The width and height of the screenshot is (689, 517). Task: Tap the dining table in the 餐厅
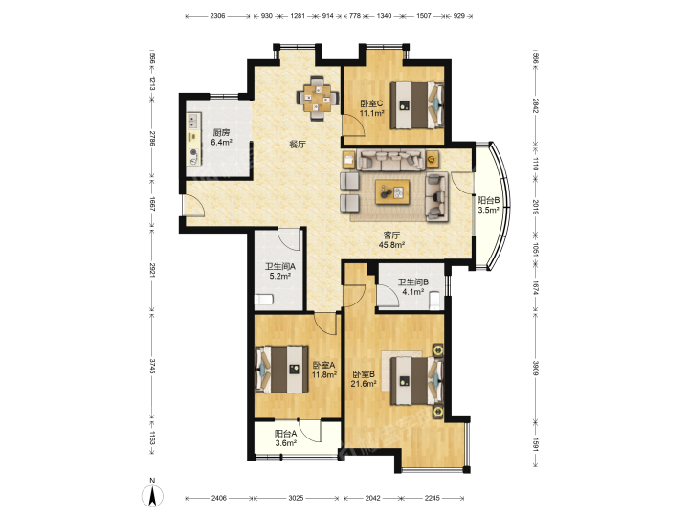[x=318, y=98]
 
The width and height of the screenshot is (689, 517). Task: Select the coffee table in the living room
[x=392, y=191]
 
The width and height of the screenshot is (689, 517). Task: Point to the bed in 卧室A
[x=281, y=370]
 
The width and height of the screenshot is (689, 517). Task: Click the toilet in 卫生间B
[x=435, y=300]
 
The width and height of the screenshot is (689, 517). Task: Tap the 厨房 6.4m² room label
[x=221, y=137]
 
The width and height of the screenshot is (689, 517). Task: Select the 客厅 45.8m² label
[x=391, y=240]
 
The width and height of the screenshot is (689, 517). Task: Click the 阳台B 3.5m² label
[x=489, y=205]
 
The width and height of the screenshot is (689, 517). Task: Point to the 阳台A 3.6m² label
[x=285, y=438]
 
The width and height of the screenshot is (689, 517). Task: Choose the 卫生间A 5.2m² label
[x=279, y=271]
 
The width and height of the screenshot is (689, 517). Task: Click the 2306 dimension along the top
[x=217, y=16]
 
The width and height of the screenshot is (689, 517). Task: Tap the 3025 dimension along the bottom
[x=296, y=498]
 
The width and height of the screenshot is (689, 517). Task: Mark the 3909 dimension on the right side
[x=536, y=368]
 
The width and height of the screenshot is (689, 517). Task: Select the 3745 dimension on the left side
[x=152, y=366]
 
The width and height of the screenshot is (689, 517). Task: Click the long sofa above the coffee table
[x=390, y=160]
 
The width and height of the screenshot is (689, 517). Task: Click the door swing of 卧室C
[x=353, y=124]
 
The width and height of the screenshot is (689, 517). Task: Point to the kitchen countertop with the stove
[x=193, y=140]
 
